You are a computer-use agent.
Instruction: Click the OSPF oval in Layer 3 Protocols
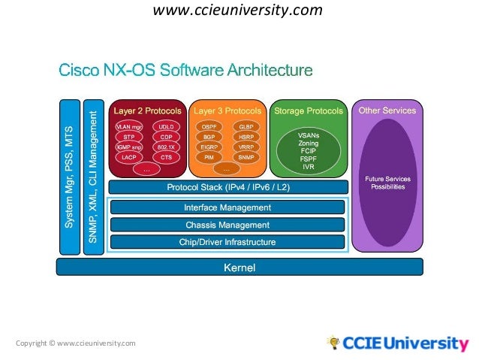209,127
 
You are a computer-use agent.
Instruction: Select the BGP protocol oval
209,138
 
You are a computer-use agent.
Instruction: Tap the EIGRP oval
209,147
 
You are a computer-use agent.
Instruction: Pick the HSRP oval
246,138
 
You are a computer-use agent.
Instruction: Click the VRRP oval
246,147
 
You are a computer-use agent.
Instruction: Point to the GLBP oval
246,127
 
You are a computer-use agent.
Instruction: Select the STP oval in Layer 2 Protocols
129,138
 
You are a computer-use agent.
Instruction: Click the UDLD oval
166,127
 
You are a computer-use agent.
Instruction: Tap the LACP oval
129,158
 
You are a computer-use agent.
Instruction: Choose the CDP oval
166,138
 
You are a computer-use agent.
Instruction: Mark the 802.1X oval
166,147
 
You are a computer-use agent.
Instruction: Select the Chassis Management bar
227,225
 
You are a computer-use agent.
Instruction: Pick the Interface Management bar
227,207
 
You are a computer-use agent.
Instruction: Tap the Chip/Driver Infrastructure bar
227,242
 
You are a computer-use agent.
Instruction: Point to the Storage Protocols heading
308,111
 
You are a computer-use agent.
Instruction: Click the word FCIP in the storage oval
308,150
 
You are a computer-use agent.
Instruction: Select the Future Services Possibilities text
387,183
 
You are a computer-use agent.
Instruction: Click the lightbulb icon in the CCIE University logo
333,343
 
